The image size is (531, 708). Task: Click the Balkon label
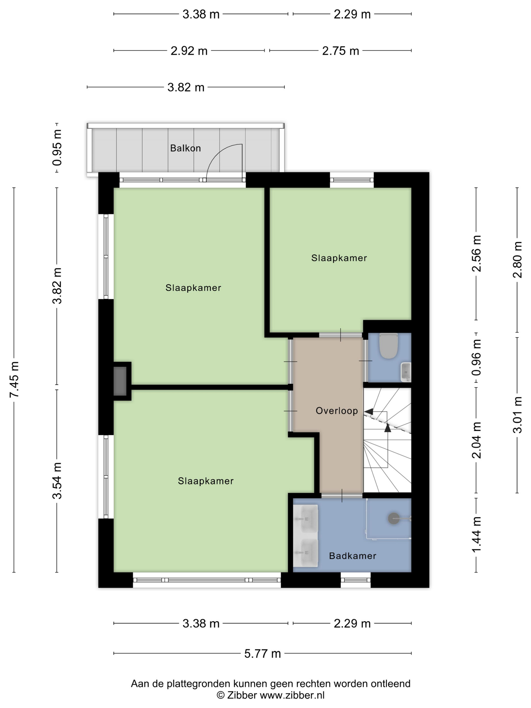[185, 148]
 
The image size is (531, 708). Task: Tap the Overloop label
[337, 411]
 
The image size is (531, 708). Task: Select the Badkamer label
[352, 556]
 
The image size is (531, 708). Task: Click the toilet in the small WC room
[388, 346]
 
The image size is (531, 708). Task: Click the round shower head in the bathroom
[394, 519]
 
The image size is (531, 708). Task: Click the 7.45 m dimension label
[14, 379]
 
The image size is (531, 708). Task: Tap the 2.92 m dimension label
[189, 51]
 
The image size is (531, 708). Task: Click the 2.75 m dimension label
[341, 51]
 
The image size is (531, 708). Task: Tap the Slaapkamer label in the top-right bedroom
[339, 258]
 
